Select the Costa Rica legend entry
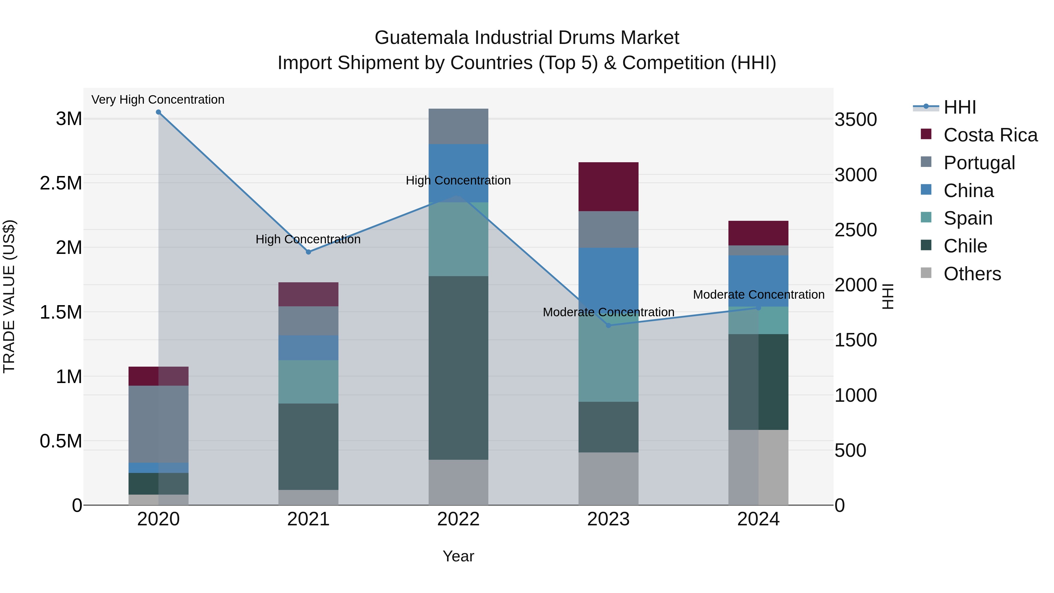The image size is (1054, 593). coord(990,135)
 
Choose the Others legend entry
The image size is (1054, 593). coord(972,274)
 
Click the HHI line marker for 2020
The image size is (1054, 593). coord(158,112)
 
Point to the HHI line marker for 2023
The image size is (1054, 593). coord(608,325)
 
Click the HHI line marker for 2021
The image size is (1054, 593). coord(309,252)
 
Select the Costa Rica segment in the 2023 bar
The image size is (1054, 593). coord(608,187)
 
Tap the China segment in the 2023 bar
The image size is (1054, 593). coord(608,274)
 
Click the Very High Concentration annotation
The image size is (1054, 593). coord(158,100)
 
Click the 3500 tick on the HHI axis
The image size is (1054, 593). coord(855,120)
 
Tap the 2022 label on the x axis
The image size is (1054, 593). coord(458,519)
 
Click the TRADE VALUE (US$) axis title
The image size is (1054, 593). coord(9,296)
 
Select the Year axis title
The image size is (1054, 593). coord(458,556)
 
